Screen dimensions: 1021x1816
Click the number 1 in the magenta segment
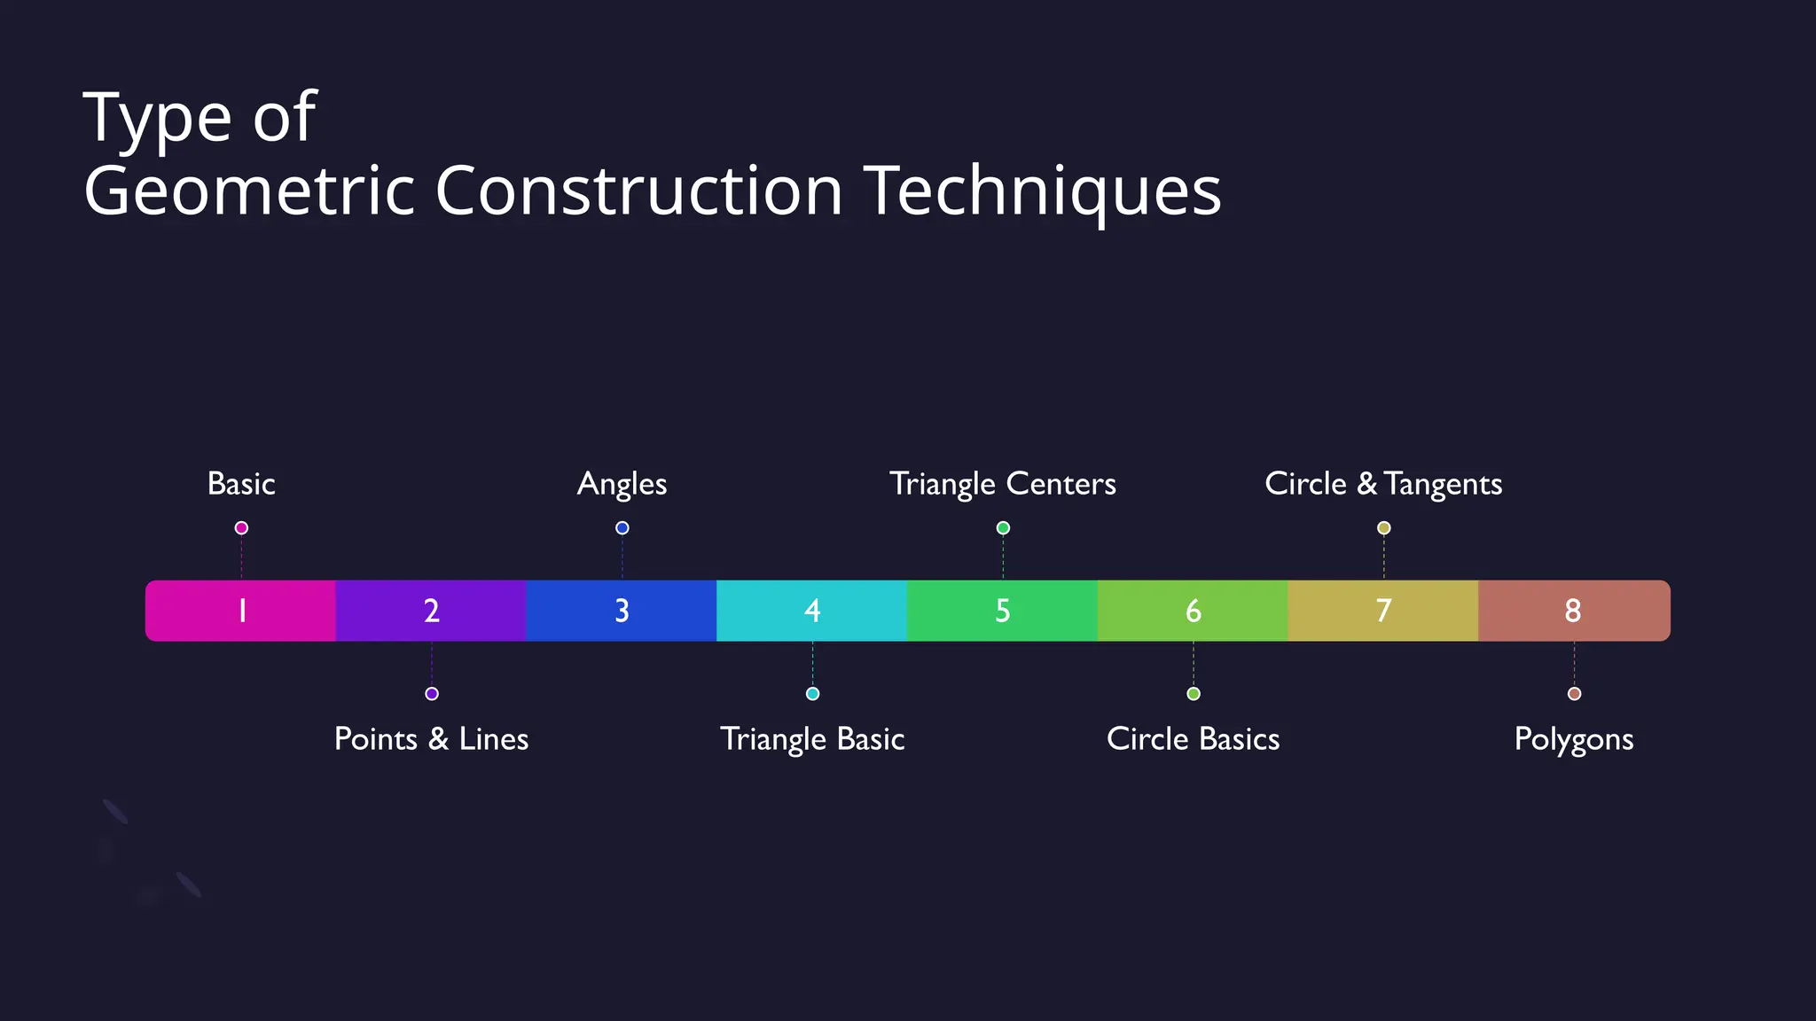pyautogui.click(x=241, y=611)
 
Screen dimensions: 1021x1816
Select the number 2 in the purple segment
pyautogui.click(x=432, y=611)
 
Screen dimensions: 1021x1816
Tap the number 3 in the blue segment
pyautogui.click(x=622, y=611)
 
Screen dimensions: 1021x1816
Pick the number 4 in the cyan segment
pyautogui.click(x=812, y=611)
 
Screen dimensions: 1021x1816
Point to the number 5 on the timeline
pyautogui.click(x=1003, y=611)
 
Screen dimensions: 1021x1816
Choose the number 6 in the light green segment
pyautogui.click(x=1194, y=611)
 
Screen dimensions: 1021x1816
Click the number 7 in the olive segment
pyautogui.click(x=1383, y=611)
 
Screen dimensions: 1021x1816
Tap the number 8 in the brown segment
pyautogui.click(x=1573, y=611)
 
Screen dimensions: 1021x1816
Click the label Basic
pyautogui.click(x=241, y=484)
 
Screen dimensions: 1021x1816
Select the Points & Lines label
pyautogui.click(x=431, y=739)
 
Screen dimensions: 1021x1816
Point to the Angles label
pyautogui.click(x=622, y=485)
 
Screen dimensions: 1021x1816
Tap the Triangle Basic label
pyautogui.click(x=812, y=739)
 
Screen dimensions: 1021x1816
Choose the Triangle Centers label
pyautogui.click(x=1003, y=484)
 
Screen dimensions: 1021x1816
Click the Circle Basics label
pyautogui.click(x=1194, y=739)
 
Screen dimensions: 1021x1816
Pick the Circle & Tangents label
pyautogui.click(x=1383, y=484)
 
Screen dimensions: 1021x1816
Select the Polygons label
pyautogui.click(x=1574, y=739)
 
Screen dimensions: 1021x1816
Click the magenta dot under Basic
pyautogui.click(x=241, y=528)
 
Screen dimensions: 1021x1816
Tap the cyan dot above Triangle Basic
pyautogui.click(x=812, y=694)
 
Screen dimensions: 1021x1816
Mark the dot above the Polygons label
pyautogui.click(x=1574, y=694)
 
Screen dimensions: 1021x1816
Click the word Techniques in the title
pyautogui.click(x=1043, y=191)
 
